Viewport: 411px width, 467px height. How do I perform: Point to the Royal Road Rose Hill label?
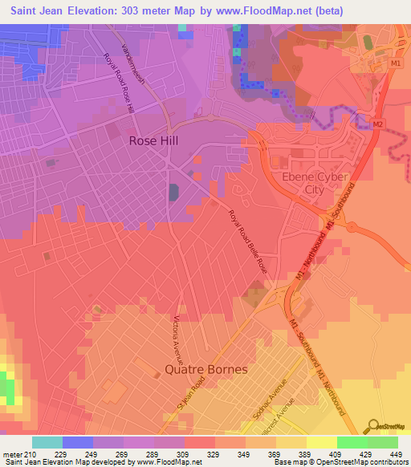click(x=119, y=84)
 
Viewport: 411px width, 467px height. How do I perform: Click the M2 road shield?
click(x=376, y=124)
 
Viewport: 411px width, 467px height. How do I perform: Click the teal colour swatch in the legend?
click(x=47, y=442)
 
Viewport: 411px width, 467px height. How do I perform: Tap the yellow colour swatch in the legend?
click(x=321, y=442)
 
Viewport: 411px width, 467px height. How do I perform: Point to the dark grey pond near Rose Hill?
click(x=174, y=193)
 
